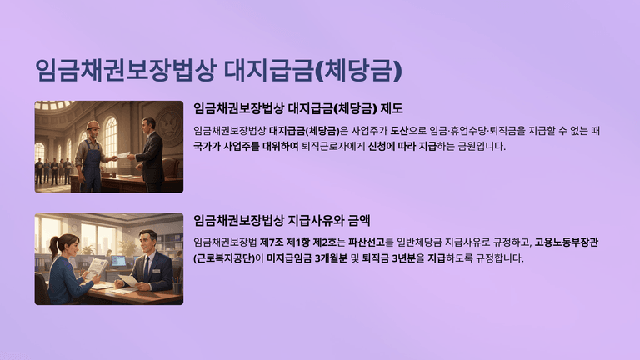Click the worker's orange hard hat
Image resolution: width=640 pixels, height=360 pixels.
[x=93, y=125]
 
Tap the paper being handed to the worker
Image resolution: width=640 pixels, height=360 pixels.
[x=122, y=156]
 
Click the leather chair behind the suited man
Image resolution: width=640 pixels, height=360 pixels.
[x=171, y=171]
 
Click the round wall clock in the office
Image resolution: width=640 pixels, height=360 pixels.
[x=74, y=228]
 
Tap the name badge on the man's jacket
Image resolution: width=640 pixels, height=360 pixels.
[x=157, y=270]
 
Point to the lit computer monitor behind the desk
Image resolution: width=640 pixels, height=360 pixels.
[x=119, y=261]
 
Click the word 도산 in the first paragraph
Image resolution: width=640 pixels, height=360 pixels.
[x=399, y=131]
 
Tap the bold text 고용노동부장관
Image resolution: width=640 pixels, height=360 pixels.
[x=566, y=242]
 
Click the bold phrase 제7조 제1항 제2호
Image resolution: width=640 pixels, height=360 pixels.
[x=298, y=242]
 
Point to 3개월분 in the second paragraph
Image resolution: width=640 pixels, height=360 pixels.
[x=331, y=258]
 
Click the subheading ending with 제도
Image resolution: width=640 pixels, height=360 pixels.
[x=298, y=108]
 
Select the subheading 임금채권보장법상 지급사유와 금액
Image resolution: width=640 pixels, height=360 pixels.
[x=282, y=221]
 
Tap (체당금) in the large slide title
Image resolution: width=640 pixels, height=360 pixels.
[x=359, y=70]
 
